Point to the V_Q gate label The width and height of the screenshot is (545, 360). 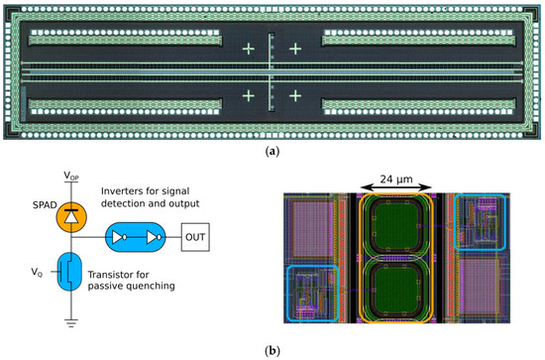[38, 271]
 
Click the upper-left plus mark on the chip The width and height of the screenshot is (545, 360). [248, 48]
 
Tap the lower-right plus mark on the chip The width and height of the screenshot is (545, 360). [294, 95]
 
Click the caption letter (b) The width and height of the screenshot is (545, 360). [272, 351]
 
